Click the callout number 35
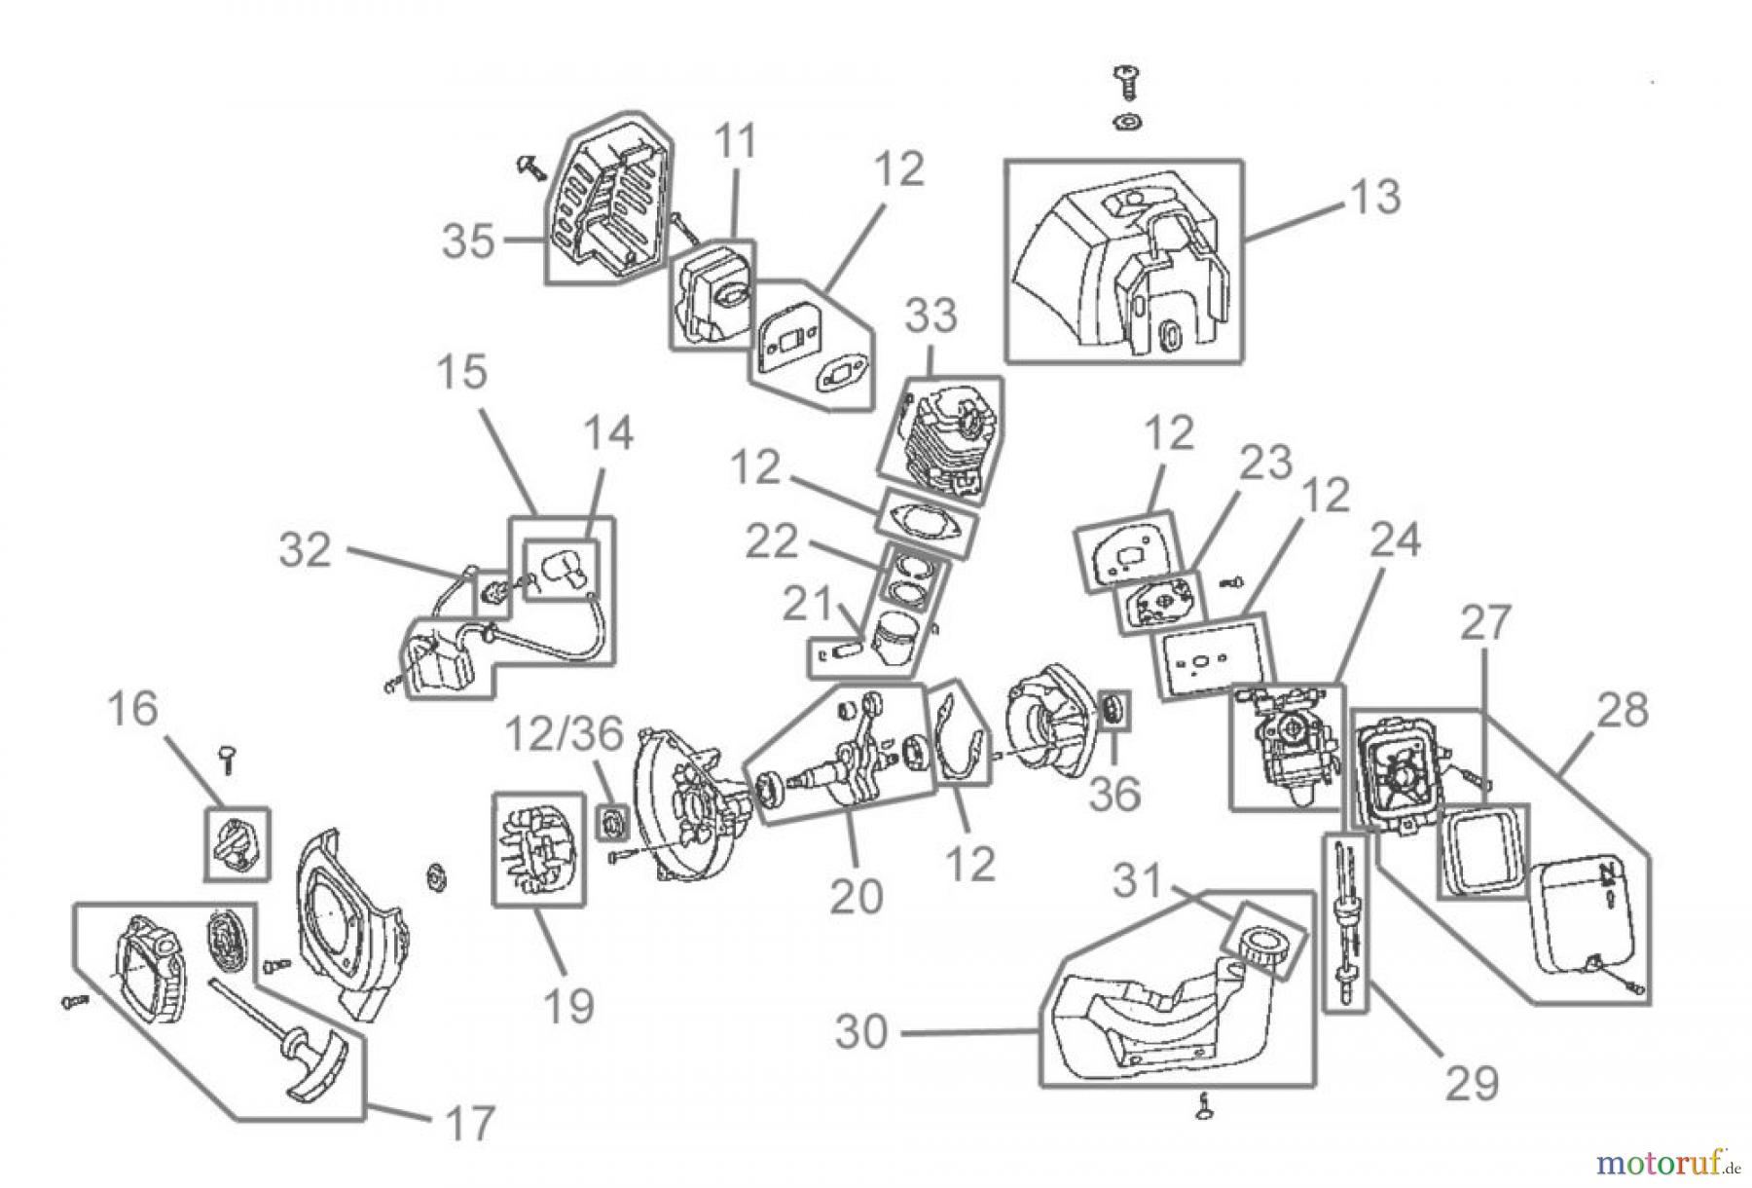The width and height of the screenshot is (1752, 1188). [468, 240]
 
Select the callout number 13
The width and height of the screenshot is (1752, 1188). [1374, 196]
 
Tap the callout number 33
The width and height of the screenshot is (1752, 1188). [931, 316]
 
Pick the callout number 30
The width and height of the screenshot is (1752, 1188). [862, 1031]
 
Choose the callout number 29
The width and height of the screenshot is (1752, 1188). [1472, 1082]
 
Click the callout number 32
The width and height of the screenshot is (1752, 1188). [305, 550]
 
